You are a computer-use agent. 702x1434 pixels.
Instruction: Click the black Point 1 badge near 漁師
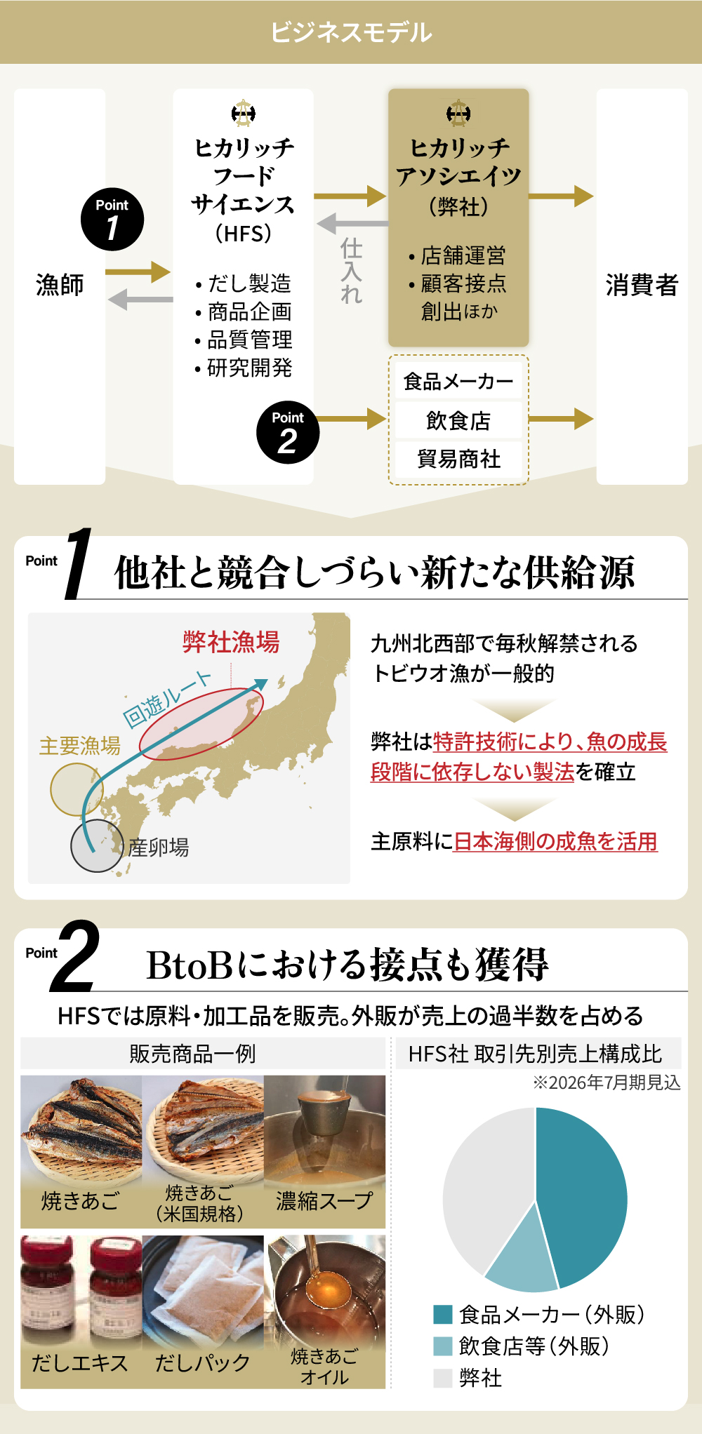point(112,220)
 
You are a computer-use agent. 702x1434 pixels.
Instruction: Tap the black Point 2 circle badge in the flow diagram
point(288,432)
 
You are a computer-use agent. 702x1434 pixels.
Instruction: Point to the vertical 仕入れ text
point(351,271)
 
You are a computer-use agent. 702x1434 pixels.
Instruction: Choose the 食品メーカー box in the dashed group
point(458,381)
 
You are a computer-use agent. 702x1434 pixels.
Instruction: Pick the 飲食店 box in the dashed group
point(458,420)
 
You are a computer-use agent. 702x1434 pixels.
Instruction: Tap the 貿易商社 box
point(458,459)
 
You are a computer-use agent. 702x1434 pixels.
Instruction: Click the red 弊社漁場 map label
point(231,642)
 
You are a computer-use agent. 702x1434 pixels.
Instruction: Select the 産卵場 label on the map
point(159,847)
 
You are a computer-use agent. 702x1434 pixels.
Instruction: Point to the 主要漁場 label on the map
point(80,745)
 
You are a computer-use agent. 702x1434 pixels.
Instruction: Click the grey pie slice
point(484,1186)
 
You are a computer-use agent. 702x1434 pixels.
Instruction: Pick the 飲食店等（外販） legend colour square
point(443,1346)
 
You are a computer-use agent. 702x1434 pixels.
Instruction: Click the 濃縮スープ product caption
point(324,1201)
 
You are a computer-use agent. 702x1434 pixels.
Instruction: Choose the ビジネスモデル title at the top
point(351,32)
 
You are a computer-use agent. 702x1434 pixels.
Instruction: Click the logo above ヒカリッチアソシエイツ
point(458,113)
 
